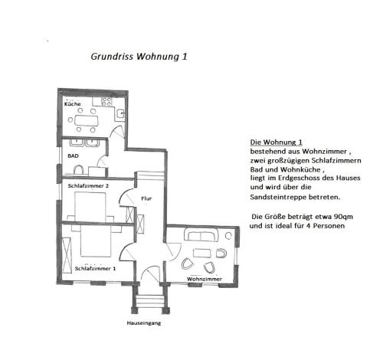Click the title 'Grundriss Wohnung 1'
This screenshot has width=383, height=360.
click(x=139, y=57)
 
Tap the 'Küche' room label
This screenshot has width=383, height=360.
click(x=73, y=103)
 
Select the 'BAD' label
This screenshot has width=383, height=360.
click(x=73, y=155)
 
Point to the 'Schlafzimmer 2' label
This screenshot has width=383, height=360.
click(x=88, y=186)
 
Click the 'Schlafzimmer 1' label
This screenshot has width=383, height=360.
click(x=95, y=269)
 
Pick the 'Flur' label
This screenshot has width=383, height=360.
click(x=146, y=198)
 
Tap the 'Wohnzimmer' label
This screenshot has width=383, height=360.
click(x=205, y=279)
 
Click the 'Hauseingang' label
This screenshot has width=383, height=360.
click(x=144, y=323)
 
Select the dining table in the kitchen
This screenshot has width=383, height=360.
click(x=87, y=120)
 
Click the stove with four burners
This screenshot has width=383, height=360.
click(x=106, y=102)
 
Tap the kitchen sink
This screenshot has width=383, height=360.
click(x=119, y=113)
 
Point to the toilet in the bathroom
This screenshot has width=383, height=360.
click(x=78, y=169)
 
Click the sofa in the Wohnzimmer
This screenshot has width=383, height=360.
click(x=201, y=235)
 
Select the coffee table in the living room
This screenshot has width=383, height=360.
click(x=202, y=253)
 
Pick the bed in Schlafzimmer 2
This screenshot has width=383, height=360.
click(x=90, y=206)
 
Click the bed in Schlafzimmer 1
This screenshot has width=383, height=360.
click(x=96, y=241)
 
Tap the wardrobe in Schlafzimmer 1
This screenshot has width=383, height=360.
click(x=67, y=255)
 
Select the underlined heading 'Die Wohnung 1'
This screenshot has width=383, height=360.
click(x=276, y=142)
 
